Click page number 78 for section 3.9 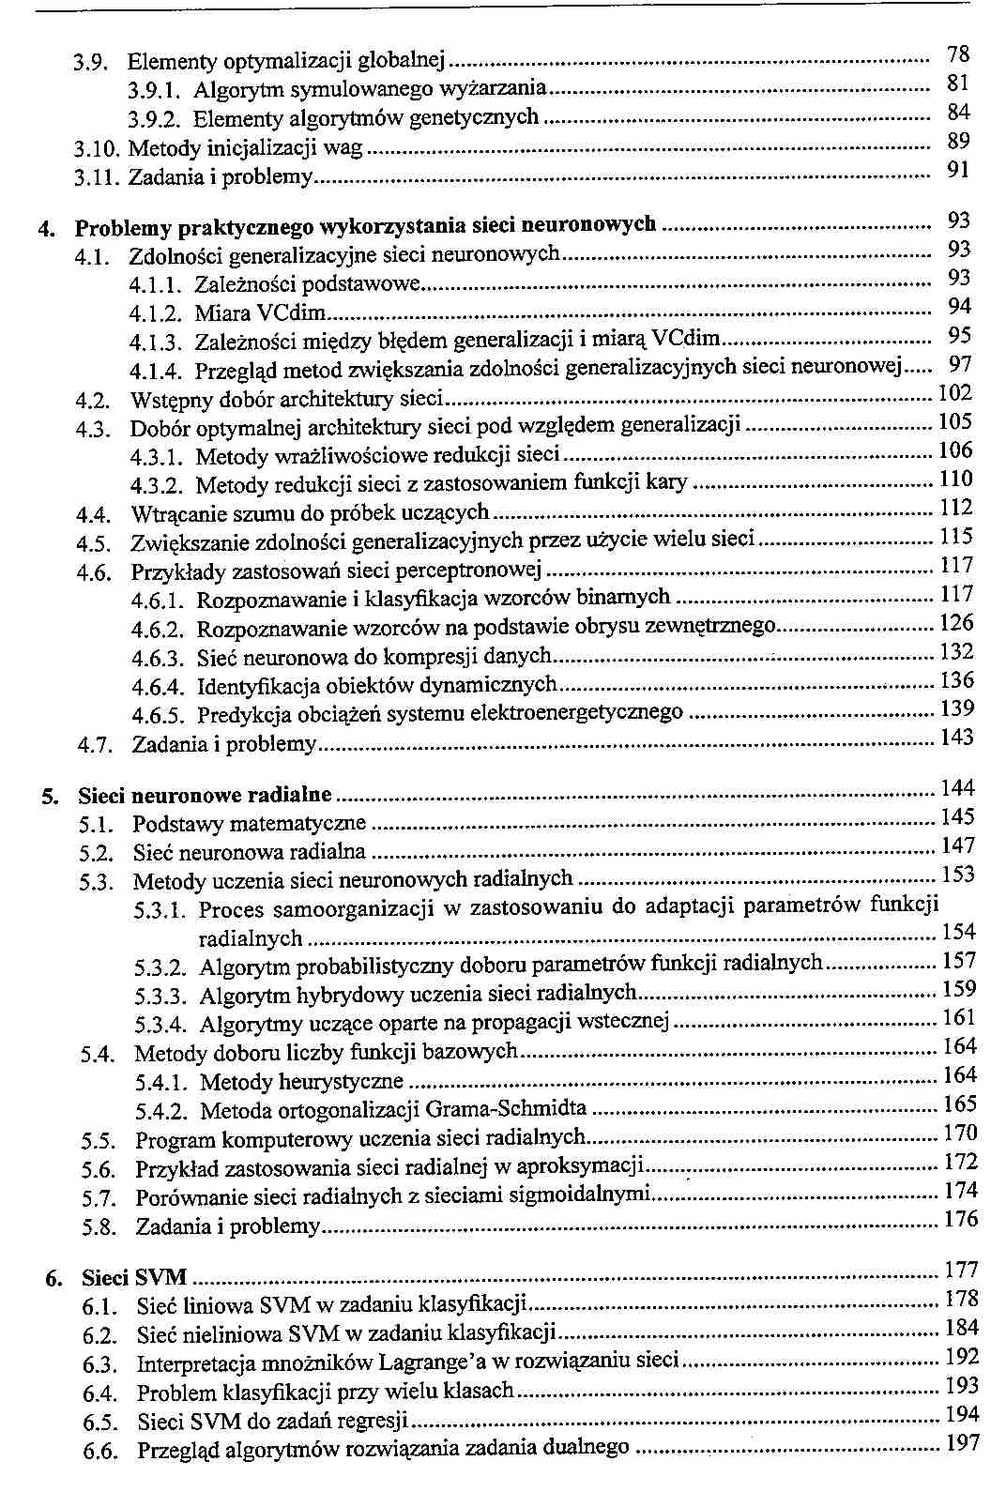pos(957,54)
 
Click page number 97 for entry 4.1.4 pos(959,364)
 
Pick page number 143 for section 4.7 pos(956,738)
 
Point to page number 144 pos(956,788)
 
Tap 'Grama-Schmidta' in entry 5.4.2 pos(506,1111)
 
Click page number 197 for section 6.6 pos(960,1443)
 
